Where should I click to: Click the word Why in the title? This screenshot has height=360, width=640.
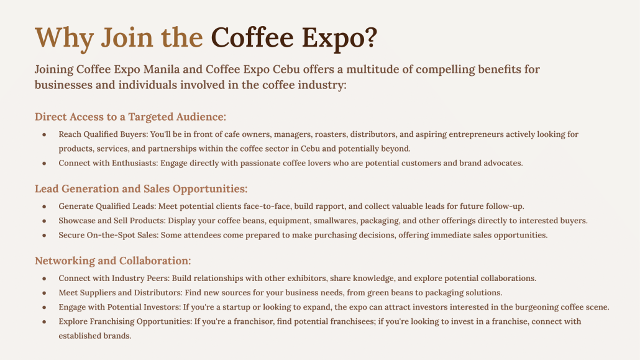tap(64, 38)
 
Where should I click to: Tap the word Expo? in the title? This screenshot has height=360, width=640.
tap(339, 38)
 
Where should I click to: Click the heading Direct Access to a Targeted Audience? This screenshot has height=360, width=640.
tap(130, 117)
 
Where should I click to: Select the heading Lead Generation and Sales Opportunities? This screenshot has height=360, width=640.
tap(141, 189)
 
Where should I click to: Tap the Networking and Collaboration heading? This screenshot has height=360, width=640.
tap(112, 261)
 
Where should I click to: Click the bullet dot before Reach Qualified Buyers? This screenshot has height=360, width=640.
tap(44, 134)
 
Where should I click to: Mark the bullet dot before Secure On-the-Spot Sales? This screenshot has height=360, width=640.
tap(44, 236)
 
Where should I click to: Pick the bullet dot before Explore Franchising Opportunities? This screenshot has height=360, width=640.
tap(44, 321)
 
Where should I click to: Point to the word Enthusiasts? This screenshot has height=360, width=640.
tap(135, 163)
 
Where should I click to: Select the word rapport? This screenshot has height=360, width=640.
tap(331, 206)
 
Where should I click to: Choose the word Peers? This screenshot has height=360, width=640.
tap(158, 279)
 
